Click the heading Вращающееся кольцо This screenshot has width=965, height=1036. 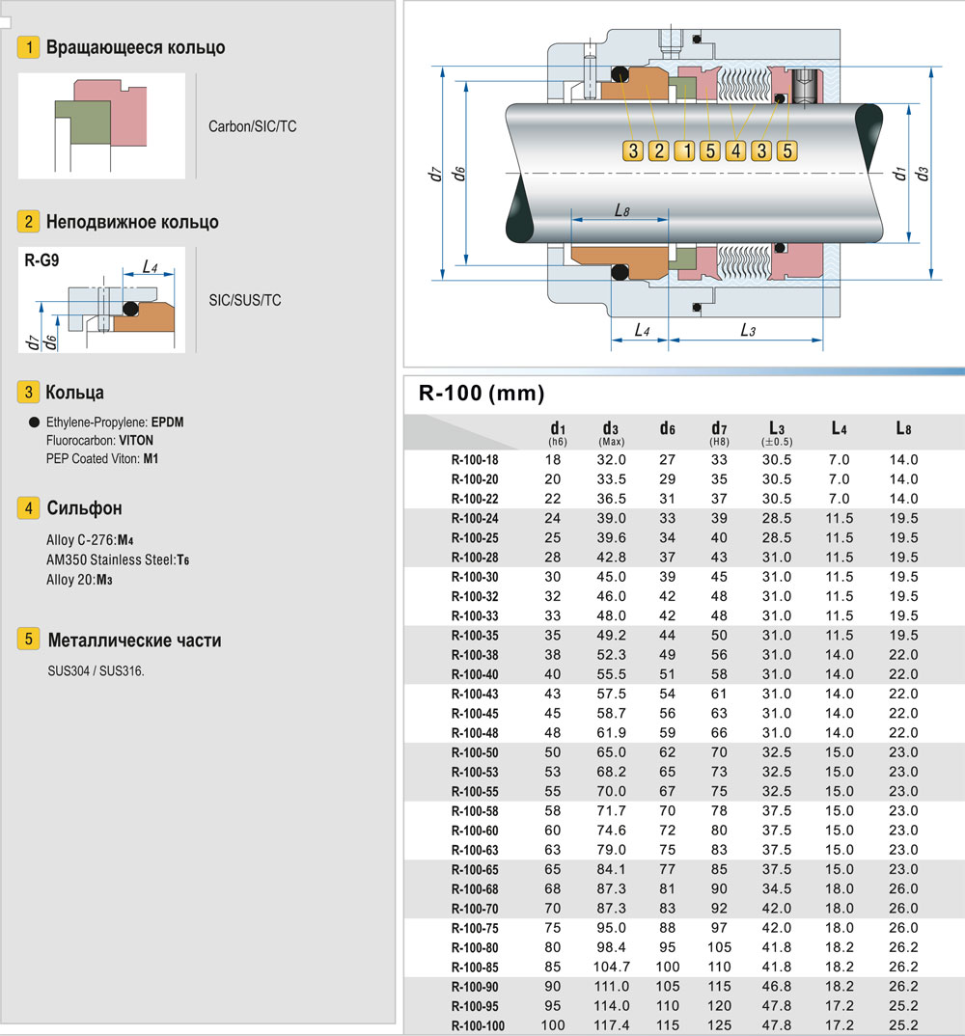135,47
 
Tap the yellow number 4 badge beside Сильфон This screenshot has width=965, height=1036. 30,508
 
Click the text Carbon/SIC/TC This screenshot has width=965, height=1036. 252,126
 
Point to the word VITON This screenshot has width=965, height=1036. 136,440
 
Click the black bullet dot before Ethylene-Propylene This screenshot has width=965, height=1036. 35,423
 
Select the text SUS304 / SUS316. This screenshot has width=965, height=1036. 96,670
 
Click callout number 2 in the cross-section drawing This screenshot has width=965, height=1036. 658,150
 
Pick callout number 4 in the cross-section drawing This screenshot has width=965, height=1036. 735,150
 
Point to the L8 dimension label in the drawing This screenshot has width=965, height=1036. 621,209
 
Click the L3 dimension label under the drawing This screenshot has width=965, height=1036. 747,330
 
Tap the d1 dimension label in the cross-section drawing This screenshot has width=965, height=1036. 898,175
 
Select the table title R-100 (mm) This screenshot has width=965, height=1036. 482,393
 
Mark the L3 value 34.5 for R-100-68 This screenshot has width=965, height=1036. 777,888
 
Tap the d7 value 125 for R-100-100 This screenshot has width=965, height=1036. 719,1025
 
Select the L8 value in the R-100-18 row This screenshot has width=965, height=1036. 903,460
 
